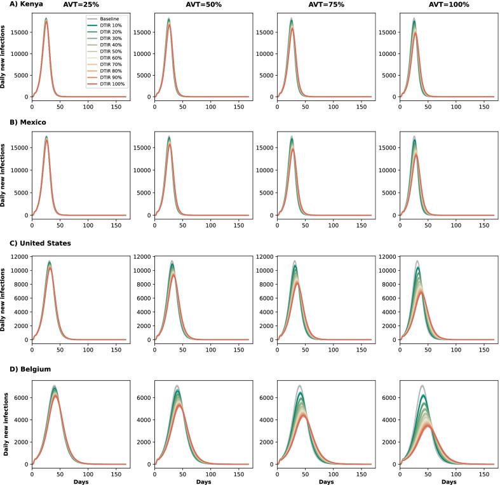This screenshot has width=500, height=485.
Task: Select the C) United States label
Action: (35, 243)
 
